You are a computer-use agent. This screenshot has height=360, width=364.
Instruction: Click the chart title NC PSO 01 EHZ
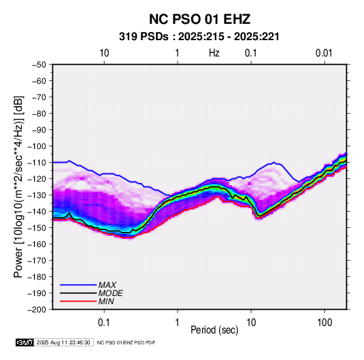[x=199, y=19]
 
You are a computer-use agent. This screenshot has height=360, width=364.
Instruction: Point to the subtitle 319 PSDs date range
[x=199, y=37]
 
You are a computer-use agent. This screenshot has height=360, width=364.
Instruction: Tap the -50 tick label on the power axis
[x=39, y=65]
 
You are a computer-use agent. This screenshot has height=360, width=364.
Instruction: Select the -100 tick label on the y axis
[x=37, y=146]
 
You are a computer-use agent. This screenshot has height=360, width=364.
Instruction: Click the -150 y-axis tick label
[x=37, y=228]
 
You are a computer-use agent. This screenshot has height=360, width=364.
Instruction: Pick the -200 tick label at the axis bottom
[x=37, y=310]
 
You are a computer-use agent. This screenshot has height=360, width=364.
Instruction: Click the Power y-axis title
[x=18, y=186]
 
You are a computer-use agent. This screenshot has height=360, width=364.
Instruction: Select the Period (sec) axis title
[x=214, y=330]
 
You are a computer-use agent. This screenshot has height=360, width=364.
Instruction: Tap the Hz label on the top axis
[x=214, y=53]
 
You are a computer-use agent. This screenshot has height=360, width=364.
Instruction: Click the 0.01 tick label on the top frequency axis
[x=324, y=53]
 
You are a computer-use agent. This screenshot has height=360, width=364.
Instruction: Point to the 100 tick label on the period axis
[x=325, y=323]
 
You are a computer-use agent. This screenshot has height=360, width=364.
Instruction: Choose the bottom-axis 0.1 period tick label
[x=104, y=323]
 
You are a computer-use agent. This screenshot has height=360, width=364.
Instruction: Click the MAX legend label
[x=107, y=285]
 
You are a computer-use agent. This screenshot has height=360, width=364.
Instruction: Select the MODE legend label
[x=110, y=293]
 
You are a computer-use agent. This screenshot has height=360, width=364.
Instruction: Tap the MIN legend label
[x=106, y=301]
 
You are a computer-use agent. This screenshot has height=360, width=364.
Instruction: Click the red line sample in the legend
[x=78, y=301]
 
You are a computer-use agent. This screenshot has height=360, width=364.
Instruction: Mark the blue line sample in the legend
[x=78, y=285]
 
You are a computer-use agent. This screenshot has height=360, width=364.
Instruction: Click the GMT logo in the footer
[x=25, y=342]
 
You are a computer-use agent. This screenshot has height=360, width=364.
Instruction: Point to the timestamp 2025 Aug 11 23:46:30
[x=63, y=342]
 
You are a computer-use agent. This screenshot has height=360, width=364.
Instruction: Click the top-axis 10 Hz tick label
[x=104, y=53]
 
